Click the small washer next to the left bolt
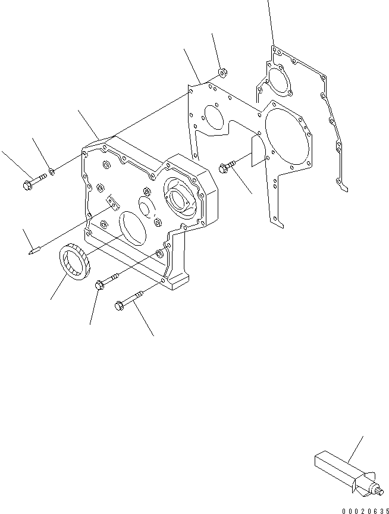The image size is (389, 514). coord(52,172)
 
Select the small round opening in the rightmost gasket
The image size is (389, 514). coord(277,81)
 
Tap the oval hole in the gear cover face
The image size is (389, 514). coord(133,229)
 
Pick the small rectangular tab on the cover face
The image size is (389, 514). coord(111,203)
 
